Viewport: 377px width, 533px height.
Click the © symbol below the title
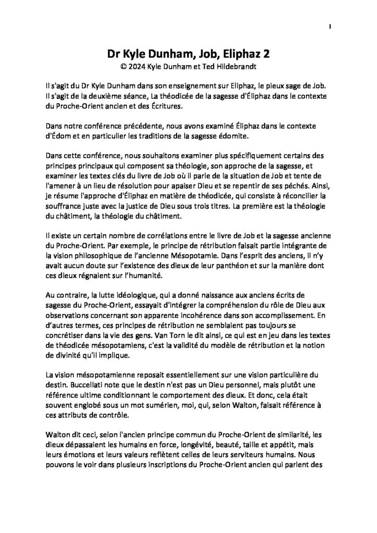tap(123, 67)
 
